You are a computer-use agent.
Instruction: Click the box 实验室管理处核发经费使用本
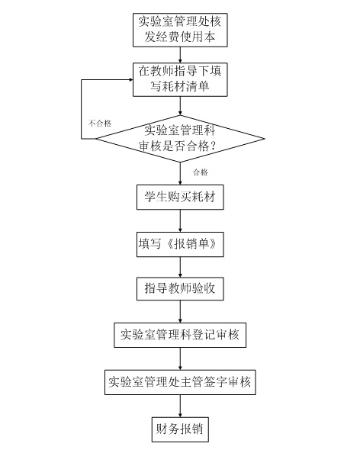179,29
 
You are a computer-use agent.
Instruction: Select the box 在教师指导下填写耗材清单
179,80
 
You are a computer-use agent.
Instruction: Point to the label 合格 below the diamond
200,172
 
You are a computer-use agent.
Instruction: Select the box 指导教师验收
179,289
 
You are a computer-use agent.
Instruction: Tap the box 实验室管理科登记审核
179,335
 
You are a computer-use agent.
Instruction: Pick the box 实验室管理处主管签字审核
179,381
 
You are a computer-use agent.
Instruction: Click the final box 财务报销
179,429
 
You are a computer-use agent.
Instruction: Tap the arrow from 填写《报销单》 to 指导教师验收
179,266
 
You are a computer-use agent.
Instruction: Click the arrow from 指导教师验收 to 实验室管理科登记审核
179,312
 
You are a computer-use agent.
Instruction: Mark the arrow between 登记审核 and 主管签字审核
179,358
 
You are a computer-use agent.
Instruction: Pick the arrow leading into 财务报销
179,405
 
